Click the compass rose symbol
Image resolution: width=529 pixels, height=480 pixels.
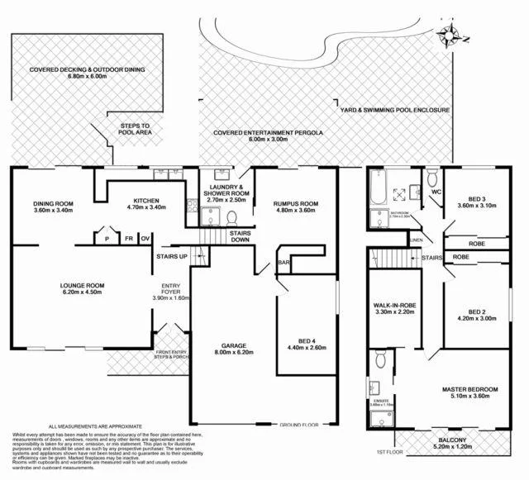pyautogui.click(x=451, y=35)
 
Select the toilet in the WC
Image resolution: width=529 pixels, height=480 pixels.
pyautogui.click(x=432, y=175)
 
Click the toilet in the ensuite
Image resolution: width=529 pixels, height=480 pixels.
pyautogui.click(x=379, y=359)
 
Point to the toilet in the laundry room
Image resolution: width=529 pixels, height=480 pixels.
pyautogui.click(x=231, y=217)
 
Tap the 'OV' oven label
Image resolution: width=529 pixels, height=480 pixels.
pyautogui.click(x=145, y=239)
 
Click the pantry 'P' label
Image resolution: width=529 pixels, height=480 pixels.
pyautogui.click(x=107, y=239)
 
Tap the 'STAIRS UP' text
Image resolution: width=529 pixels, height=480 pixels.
pyautogui.click(x=171, y=258)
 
